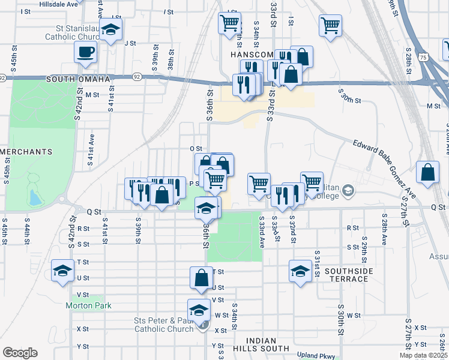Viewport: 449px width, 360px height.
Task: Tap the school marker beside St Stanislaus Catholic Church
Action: click(x=111, y=30)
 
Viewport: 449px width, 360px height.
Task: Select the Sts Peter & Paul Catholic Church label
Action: click(x=164, y=325)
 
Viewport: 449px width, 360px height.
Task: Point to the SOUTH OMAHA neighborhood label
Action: click(x=78, y=79)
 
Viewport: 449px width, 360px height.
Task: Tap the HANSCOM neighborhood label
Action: click(x=252, y=54)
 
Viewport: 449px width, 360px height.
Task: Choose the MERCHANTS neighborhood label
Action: click(x=26, y=152)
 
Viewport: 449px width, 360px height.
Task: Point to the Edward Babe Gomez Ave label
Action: click(x=384, y=169)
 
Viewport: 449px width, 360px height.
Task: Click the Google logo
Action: click(x=20, y=353)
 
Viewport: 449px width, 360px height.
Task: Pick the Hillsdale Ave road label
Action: click(x=59, y=4)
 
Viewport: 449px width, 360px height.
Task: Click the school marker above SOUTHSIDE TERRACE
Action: click(x=300, y=270)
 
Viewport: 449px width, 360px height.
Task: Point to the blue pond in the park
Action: click(x=35, y=196)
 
